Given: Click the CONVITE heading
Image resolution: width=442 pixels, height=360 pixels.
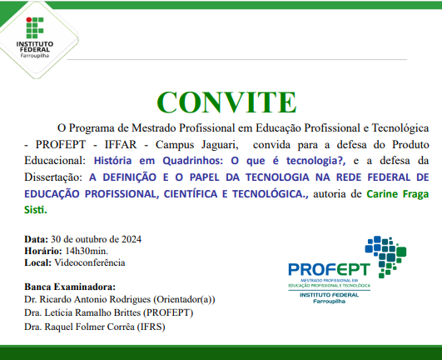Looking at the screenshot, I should (x=221, y=101).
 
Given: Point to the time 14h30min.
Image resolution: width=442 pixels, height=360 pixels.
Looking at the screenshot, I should (x=82, y=251).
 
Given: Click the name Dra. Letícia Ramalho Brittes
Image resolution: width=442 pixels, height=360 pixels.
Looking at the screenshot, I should (x=84, y=312).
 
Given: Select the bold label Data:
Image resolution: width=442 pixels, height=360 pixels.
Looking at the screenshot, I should (x=37, y=239).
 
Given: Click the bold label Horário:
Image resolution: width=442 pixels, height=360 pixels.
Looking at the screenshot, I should (x=42, y=251).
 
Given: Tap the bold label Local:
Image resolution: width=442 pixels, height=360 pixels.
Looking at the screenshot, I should (x=38, y=262).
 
